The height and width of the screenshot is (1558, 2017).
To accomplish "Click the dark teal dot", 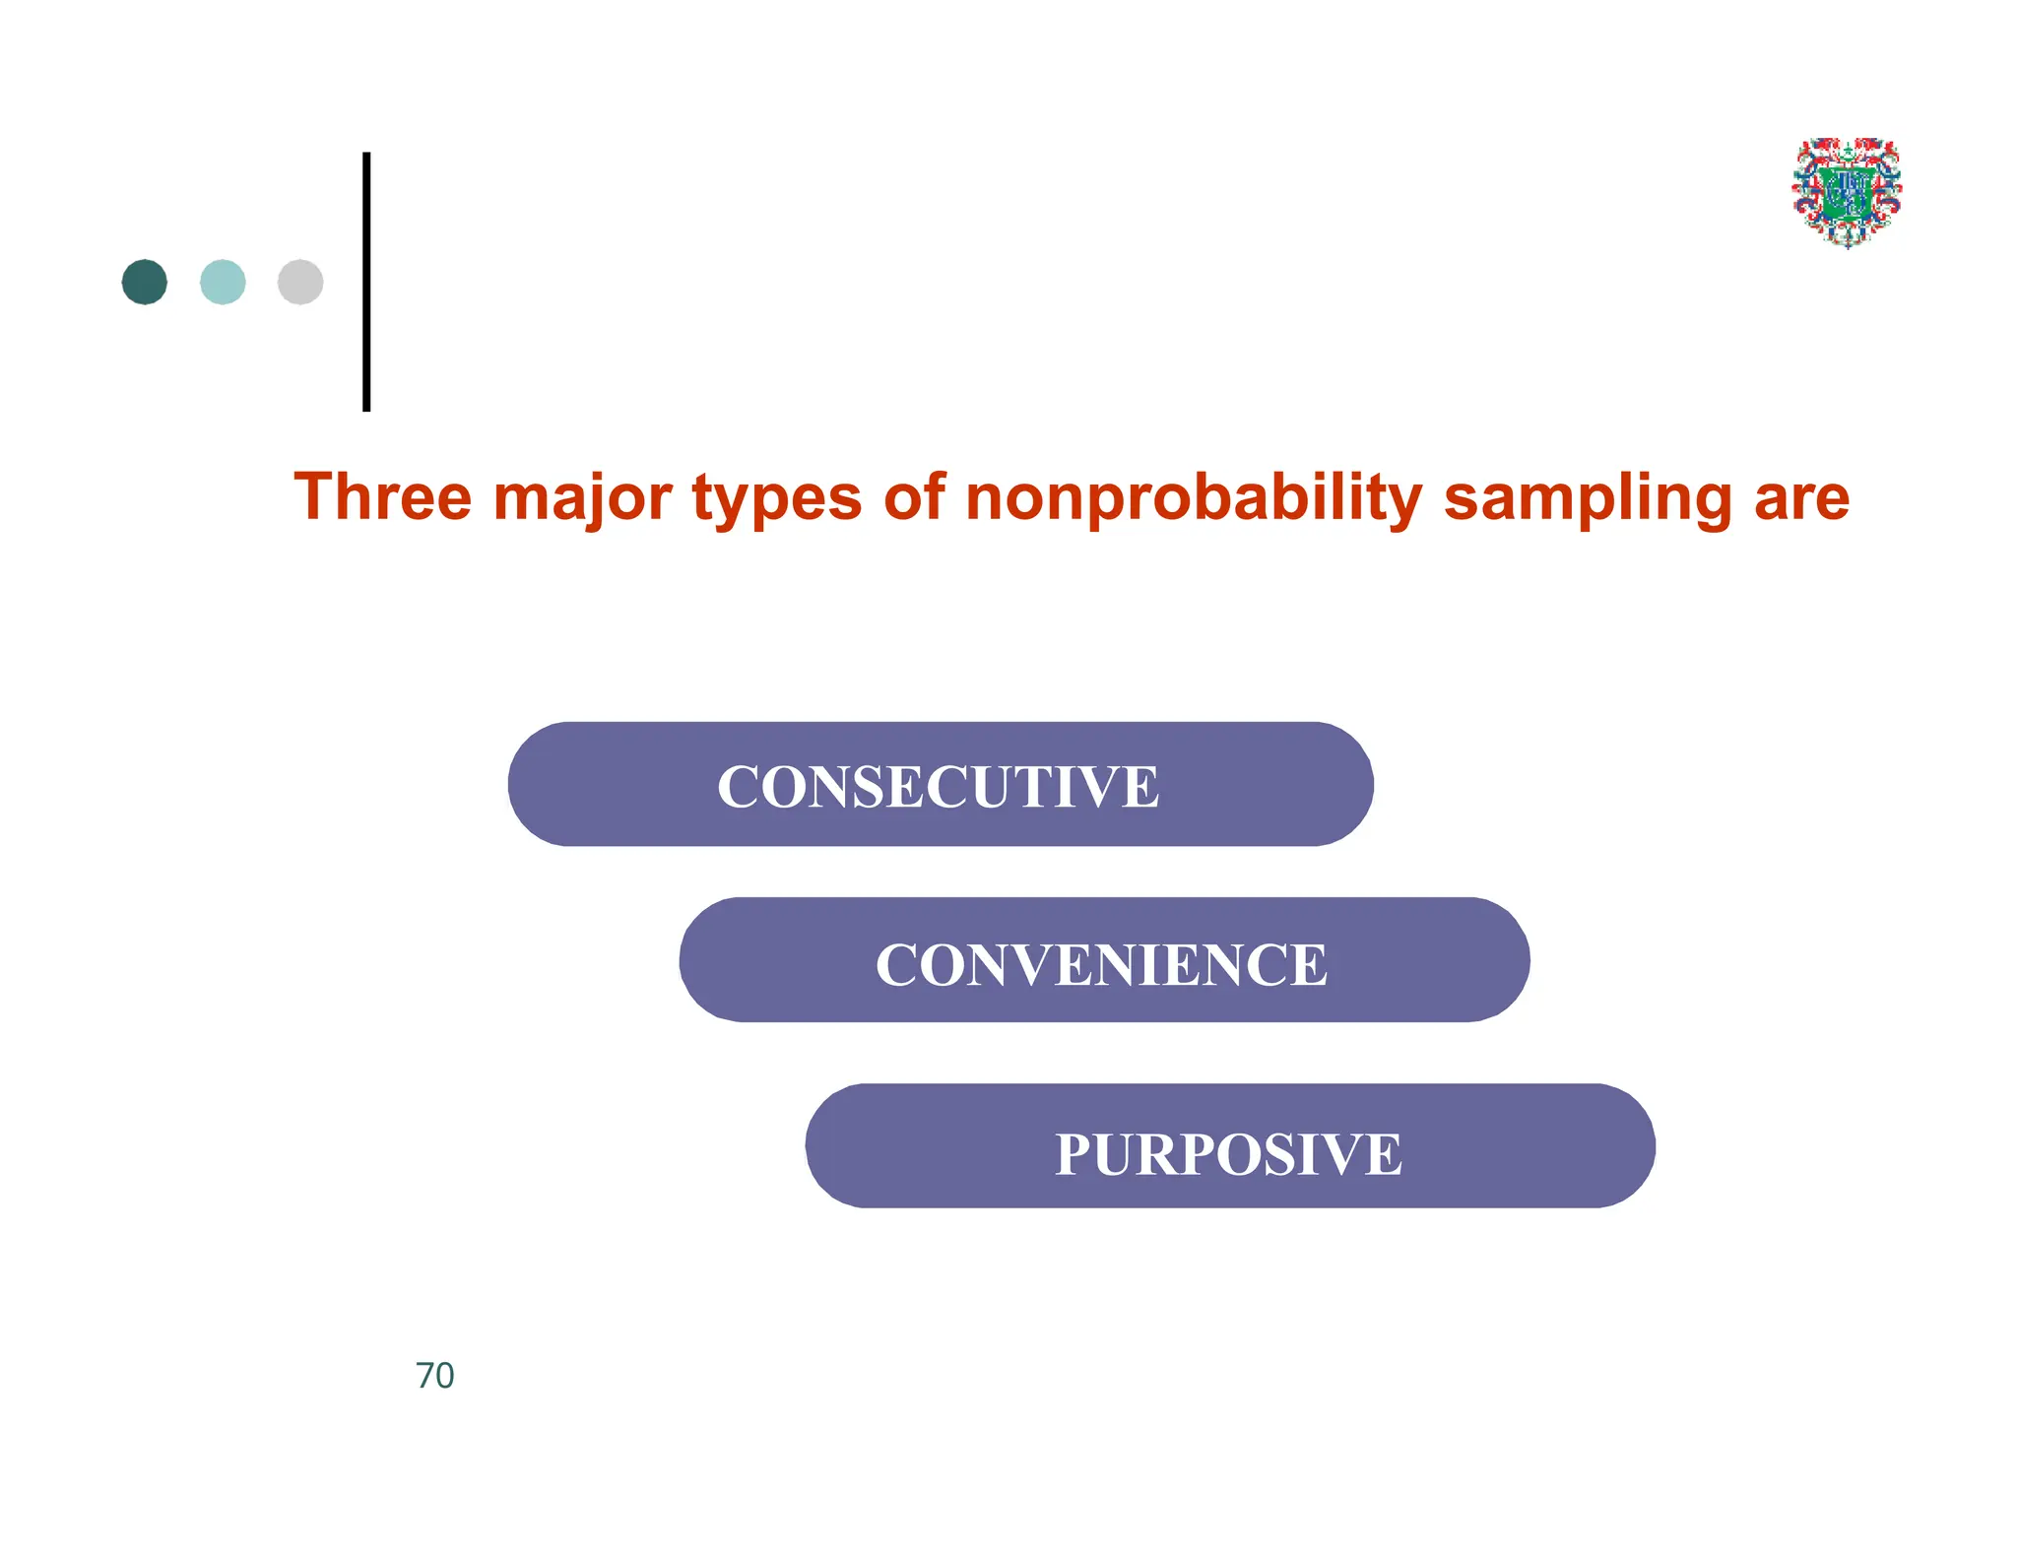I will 145,282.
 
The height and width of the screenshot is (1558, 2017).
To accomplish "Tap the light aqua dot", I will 223,282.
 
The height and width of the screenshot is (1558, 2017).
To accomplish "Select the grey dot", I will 300,282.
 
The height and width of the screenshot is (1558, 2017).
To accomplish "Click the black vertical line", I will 366,282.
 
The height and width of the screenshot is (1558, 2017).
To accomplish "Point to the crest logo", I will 1847,192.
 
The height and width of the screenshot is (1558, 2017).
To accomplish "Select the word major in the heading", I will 582,498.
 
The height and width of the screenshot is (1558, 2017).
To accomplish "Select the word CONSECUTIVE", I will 938,787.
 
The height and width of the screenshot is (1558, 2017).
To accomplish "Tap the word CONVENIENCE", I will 1101,964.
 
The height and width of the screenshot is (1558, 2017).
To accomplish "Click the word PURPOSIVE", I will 1228,1154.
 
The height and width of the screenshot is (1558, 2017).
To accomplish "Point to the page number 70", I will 434,1376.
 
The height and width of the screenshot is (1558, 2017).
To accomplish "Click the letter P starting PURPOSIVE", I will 1074,1154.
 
